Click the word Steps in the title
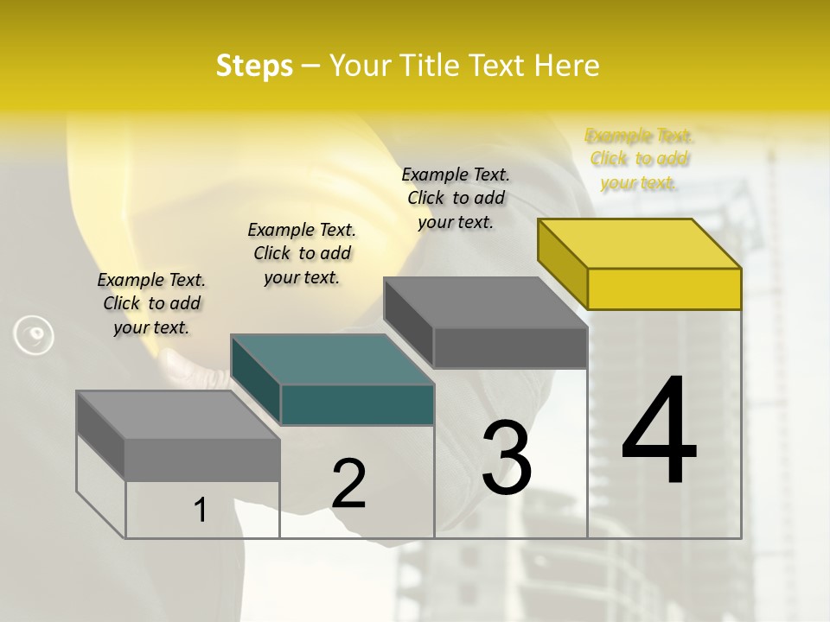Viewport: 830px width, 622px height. [x=254, y=66]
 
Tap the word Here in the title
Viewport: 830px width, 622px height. [x=567, y=66]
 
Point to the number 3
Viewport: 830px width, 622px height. [x=507, y=458]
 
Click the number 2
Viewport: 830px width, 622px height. [x=349, y=485]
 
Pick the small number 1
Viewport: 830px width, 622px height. [x=201, y=511]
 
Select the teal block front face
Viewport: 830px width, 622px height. [x=357, y=405]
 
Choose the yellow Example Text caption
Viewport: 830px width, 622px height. [x=639, y=159]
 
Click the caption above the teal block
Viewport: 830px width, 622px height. [x=302, y=253]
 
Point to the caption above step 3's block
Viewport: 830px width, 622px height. [x=456, y=198]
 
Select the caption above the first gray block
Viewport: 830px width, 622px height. [x=151, y=303]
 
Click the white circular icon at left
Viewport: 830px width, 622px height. [x=34, y=335]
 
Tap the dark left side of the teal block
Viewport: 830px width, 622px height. [x=256, y=380]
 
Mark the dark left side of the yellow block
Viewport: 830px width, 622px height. [x=563, y=263]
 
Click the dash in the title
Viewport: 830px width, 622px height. [x=311, y=66]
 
